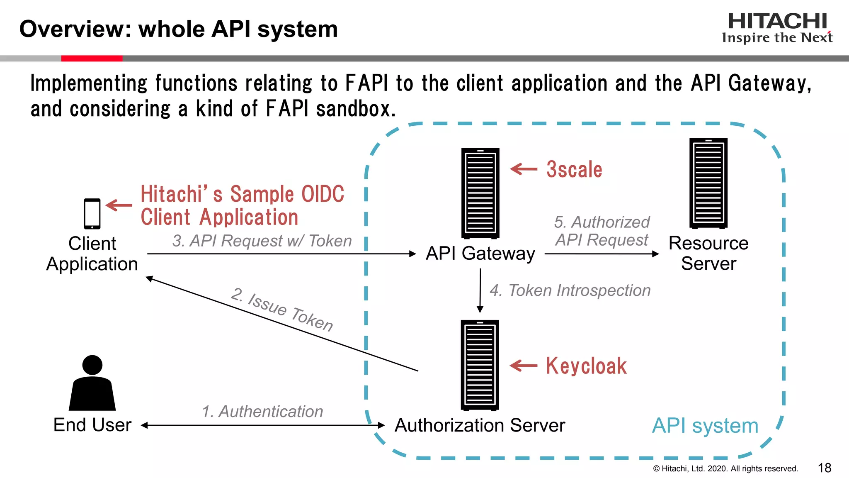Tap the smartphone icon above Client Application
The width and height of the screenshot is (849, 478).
click(x=92, y=214)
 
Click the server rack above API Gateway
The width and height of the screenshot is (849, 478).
click(x=480, y=193)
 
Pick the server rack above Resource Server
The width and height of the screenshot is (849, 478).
click(x=708, y=183)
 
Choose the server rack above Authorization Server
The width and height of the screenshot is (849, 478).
click(x=480, y=365)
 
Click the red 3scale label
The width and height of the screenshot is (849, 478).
click(x=574, y=170)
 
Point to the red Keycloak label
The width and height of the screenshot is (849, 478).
click(x=586, y=366)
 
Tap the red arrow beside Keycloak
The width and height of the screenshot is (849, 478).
click(x=523, y=366)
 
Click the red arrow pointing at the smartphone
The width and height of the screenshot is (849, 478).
click(x=119, y=205)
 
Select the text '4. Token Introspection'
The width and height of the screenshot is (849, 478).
click(x=570, y=290)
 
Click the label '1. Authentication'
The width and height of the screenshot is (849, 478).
click(x=262, y=412)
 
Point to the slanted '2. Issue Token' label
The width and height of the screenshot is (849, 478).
click(x=282, y=310)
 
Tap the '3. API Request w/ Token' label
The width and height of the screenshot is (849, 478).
click(x=262, y=241)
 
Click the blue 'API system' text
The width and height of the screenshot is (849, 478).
click(x=705, y=426)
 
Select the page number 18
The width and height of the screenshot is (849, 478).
click(x=825, y=468)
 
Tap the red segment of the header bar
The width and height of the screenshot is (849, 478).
click(x=92, y=59)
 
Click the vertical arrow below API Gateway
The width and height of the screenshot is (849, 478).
click(x=480, y=290)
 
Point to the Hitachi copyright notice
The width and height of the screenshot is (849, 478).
click(x=725, y=469)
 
